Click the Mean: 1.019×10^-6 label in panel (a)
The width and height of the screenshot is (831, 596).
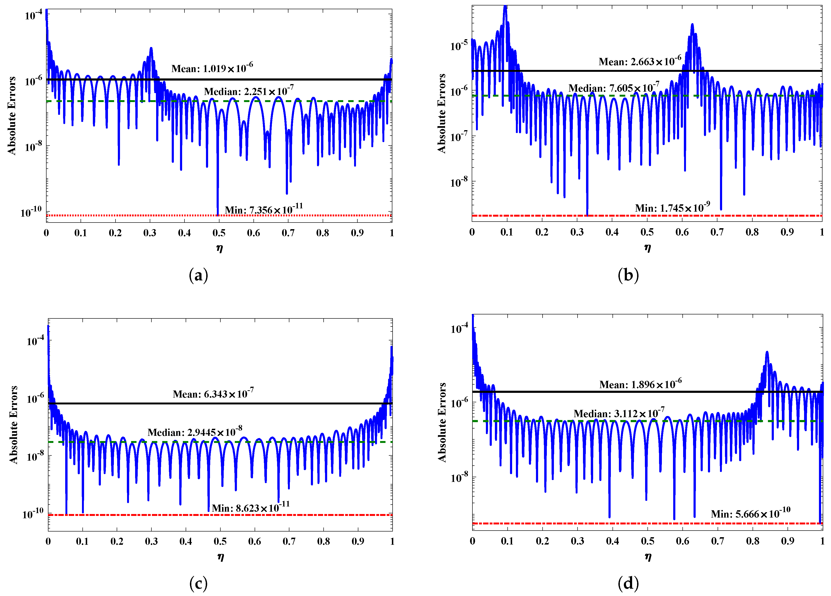(x=212, y=68)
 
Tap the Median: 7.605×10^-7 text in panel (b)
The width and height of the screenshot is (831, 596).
(x=614, y=88)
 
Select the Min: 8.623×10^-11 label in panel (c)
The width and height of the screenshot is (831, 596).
(x=251, y=508)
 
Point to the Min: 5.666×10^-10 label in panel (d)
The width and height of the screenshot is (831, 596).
(x=750, y=514)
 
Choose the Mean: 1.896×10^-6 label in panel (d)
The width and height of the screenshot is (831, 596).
(x=640, y=384)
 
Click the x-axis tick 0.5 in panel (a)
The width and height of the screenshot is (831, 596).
(x=219, y=233)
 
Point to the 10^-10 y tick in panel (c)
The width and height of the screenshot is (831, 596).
(x=33, y=514)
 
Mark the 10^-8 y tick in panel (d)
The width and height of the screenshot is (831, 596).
(x=459, y=478)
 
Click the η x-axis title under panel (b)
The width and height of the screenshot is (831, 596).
(x=647, y=248)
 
